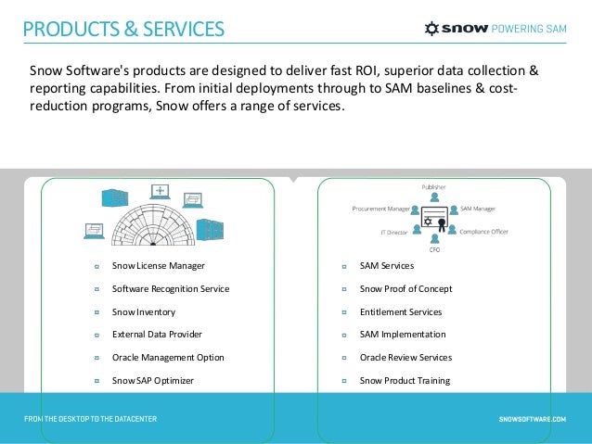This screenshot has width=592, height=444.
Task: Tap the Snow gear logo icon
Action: point(431,29)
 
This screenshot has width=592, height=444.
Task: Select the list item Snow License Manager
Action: point(158,266)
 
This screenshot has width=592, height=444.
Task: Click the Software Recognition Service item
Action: point(170,289)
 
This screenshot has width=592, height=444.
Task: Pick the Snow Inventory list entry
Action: point(143,312)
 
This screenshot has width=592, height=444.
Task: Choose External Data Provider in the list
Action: point(157,335)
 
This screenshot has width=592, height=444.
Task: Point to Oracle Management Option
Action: point(168,358)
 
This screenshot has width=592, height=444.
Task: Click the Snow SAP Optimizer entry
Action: point(153,380)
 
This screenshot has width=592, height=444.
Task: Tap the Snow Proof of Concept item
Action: point(405,289)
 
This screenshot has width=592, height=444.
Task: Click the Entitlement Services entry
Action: point(400,312)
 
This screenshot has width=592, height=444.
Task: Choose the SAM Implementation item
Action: point(402,335)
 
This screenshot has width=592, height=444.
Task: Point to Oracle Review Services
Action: point(405,358)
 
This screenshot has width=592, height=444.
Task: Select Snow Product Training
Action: point(405,380)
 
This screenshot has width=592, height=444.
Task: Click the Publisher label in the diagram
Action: point(434,186)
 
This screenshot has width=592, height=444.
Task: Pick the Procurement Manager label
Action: point(380,209)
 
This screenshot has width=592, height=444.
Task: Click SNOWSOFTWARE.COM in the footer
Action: point(532,419)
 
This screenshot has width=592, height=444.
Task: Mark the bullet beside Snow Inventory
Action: point(97,312)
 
